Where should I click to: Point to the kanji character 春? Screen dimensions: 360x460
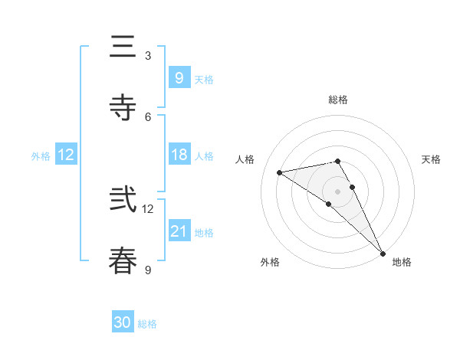tap(123, 260)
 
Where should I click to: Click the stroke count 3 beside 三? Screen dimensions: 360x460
tap(148, 56)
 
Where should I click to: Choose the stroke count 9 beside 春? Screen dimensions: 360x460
tap(148, 270)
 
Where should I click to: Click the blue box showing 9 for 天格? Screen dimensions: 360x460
tap(179, 77)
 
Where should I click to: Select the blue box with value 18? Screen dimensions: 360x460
tap(179, 155)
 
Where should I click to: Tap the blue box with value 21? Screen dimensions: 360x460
tap(179, 231)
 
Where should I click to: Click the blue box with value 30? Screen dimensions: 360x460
tap(123, 322)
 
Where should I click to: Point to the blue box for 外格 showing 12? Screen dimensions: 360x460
tap(66, 155)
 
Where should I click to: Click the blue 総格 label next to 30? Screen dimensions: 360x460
tap(147, 324)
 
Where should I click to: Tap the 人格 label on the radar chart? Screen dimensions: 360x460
tap(246, 159)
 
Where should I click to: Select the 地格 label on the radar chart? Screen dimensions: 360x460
tap(402, 262)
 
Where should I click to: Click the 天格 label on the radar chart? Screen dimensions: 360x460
tap(431, 159)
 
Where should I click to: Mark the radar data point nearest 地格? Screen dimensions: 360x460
tap(383, 254)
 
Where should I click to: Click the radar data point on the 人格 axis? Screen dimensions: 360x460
tap(280, 172)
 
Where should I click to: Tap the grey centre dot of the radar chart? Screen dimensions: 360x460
tap(337, 191)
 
